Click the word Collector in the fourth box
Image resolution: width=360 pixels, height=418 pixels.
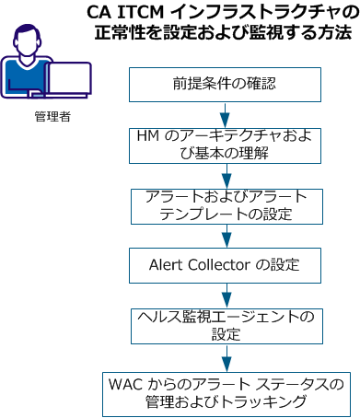[216, 265]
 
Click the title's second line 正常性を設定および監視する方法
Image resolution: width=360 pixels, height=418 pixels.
[224, 34]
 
